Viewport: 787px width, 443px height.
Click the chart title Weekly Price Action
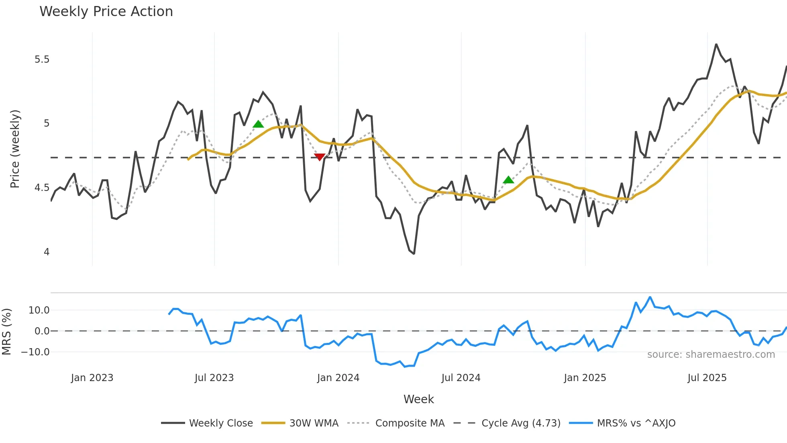(x=106, y=12)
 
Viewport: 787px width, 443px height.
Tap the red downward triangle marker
(x=320, y=157)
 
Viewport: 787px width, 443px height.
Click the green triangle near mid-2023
(x=258, y=124)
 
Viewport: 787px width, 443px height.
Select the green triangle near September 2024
(x=508, y=180)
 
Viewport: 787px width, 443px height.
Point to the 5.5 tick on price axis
(x=42, y=59)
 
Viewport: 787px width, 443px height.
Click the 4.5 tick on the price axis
(x=42, y=188)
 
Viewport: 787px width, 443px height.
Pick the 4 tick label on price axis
(x=47, y=252)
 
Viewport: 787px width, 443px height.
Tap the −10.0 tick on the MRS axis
(x=35, y=352)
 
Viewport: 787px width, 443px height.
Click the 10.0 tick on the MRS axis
(x=39, y=310)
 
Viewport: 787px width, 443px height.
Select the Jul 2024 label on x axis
(x=461, y=378)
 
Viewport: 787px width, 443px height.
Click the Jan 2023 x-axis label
(x=92, y=378)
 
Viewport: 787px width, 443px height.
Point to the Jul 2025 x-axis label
(x=707, y=378)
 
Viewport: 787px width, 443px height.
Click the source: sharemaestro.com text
(x=711, y=355)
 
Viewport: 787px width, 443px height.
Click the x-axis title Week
(x=418, y=399)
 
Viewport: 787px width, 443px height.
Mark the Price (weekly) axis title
(x=15, y=149)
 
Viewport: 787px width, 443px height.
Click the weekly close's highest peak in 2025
(x=716, y=44)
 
